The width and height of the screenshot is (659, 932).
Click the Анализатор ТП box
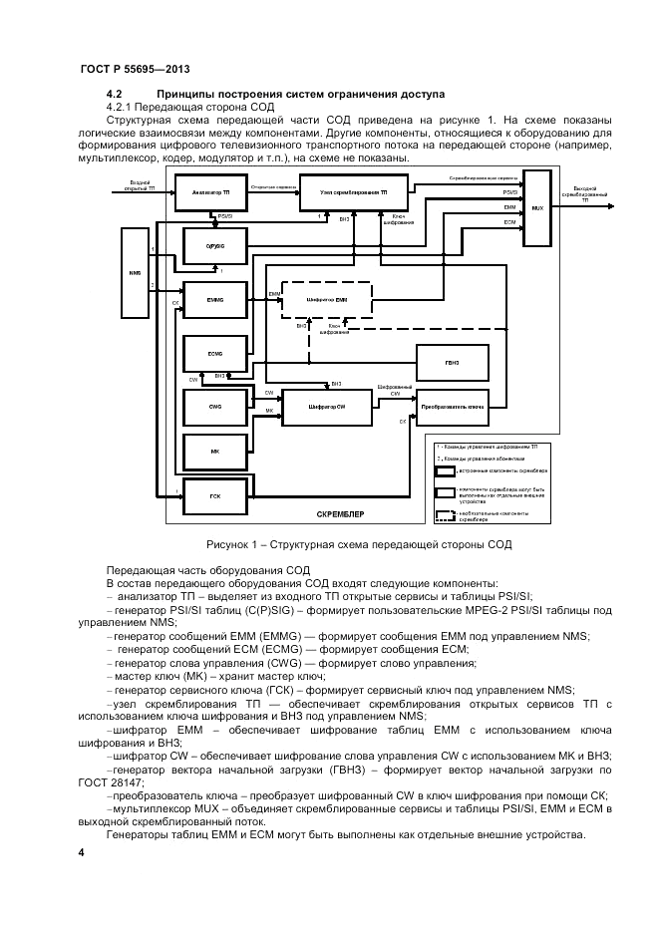210,189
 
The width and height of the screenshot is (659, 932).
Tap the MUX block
537,209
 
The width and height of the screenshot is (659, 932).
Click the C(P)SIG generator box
213,244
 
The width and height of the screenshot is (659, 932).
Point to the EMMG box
213,299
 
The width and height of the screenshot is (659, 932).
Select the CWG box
213,406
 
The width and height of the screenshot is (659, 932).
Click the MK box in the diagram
213,452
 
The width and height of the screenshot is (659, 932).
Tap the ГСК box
212,495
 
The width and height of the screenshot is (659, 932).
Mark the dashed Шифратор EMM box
326,299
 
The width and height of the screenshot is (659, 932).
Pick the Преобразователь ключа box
452,406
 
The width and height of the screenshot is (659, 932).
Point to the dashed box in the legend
445,516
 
